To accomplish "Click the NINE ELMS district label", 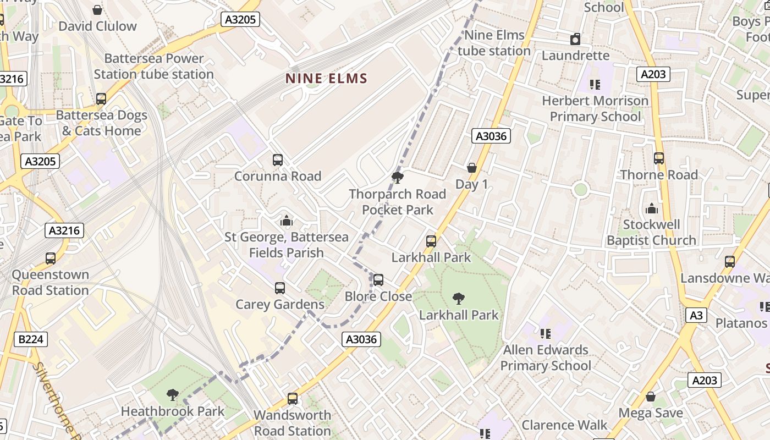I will tap(326, 79).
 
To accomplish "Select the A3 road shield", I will tap(696, 315).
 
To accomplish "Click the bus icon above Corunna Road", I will tap(278, 160).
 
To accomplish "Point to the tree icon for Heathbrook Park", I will tap(173, 394).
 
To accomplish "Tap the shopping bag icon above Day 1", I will tap(471, 168).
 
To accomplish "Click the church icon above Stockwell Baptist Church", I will tap(652, 208).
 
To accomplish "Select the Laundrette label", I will tap(575, 56).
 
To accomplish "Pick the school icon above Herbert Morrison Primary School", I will tap(595, 85).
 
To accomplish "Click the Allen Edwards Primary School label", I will tap(546, 358).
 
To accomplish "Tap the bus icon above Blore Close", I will tap(378, 280).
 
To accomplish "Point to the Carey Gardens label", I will tap(280, 305).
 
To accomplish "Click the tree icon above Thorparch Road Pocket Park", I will tap(397, 178).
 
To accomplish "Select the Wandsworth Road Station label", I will tap(292, 423).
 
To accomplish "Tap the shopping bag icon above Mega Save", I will tap(651, 397).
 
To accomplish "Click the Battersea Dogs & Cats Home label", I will tap(102, 123).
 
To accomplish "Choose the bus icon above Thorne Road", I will tap(659, 158).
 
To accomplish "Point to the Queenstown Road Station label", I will tap(50, 283).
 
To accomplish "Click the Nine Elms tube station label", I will tap(494, 43).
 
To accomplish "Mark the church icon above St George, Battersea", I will tap(286, 221).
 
